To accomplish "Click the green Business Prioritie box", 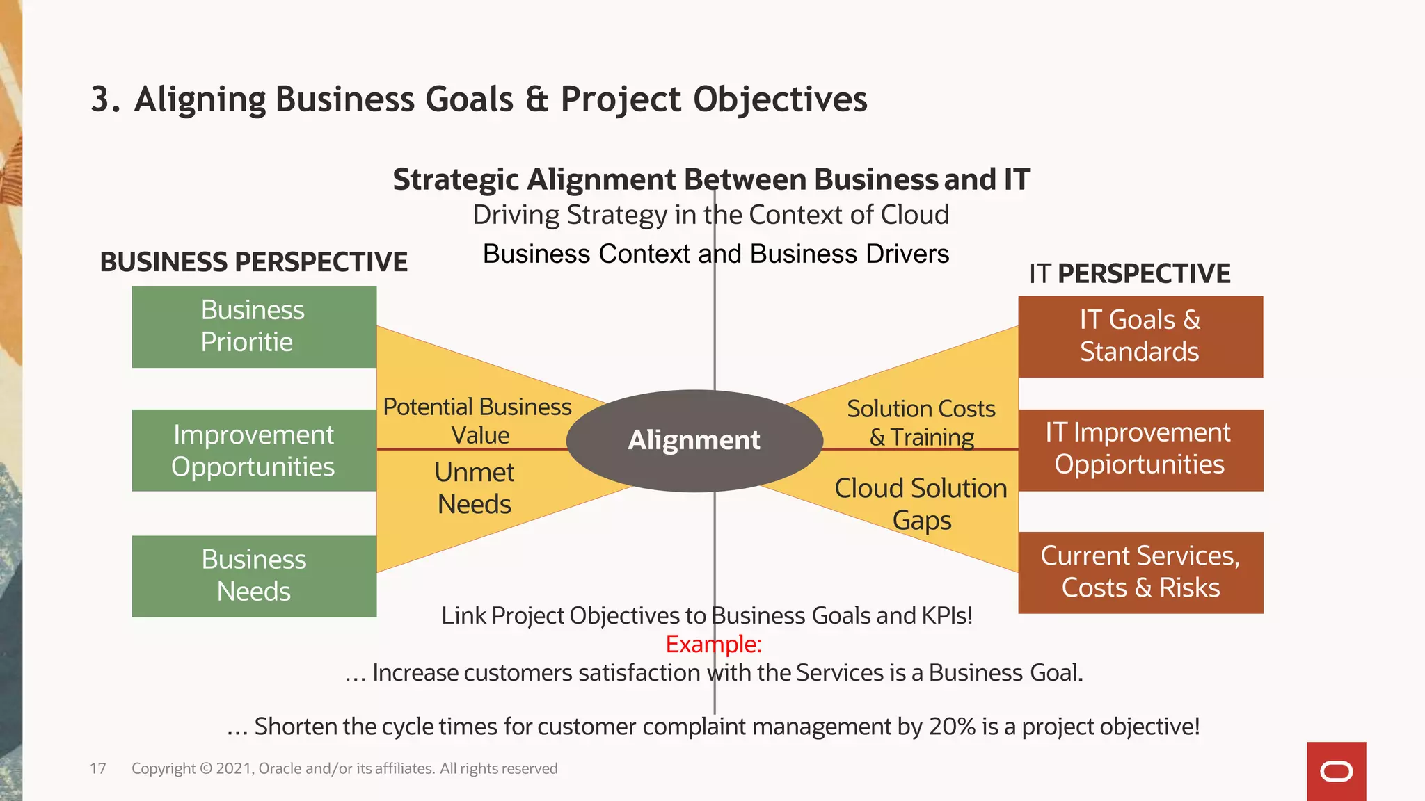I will (x=254, y=327).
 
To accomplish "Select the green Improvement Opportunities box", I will (x=254, y=450).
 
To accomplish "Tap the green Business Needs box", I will (x=254, y=576).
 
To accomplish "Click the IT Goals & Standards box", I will (x=1140, y=337).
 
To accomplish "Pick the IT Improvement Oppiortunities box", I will (x=1140, y=450).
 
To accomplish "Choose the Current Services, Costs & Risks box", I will (x=1140, y=572).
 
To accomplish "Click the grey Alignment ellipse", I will (x=694, y=441).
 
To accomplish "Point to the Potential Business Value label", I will (x=478, y=421).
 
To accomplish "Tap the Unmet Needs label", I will (x=475, y=488).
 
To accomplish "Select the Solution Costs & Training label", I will (x=921, y=423).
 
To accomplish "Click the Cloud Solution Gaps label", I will (x=921, y=504).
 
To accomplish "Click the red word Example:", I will (x=714, y=645).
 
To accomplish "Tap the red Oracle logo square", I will (x=1336, y=771).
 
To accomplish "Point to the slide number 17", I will (x=98, y=768).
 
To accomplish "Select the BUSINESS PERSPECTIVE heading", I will (x=254, y=262).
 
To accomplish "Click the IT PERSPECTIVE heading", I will (x=1130, y=273).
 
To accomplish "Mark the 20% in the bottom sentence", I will (x=952, y=727).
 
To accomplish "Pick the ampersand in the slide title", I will (x=536, y=99).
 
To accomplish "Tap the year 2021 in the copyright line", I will (x=234, y=768).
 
